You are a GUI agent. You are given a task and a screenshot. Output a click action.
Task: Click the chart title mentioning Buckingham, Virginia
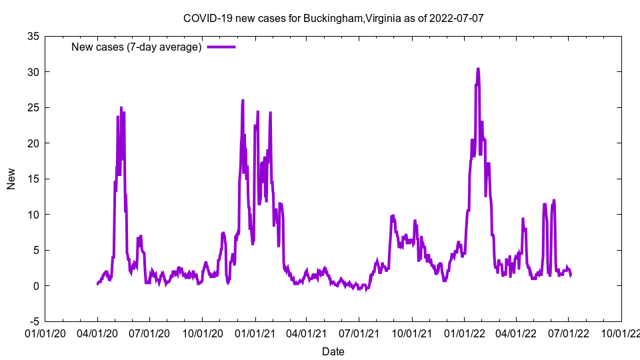pyautogui.click(x=333, y=18)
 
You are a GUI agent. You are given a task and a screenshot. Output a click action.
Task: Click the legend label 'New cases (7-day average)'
pyautogui.click(x=137, y=47)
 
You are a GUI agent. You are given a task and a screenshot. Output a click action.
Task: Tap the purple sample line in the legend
pyautogui.click(x=221, y=47)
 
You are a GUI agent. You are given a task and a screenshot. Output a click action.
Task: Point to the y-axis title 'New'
pyautogui.click(x=11, y=179)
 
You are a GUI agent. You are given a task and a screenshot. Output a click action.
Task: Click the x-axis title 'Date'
pyautogui.click(x=333, y=351)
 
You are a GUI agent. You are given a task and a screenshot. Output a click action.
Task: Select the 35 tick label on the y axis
pyautogui.click(x=32, y=36)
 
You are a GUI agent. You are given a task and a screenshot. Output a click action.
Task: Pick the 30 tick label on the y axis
pyautogui.click(x=32, y=72)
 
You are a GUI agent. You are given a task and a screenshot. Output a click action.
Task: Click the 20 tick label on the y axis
pyautogui.click(x=32, y=143)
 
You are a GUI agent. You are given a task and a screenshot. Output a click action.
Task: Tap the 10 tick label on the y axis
pyautogui.click(x=32, y=215)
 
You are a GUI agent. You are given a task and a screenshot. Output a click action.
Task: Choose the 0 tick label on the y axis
pyautogui.click(x=35, y=286)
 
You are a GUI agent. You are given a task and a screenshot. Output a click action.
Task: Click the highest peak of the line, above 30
pyautogui.click(x=478, y=69)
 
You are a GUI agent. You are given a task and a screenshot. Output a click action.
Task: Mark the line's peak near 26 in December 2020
pyautogui.click(x=243, y=101)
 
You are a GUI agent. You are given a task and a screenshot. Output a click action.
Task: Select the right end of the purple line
pyautogui.click(x=571, y=275)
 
